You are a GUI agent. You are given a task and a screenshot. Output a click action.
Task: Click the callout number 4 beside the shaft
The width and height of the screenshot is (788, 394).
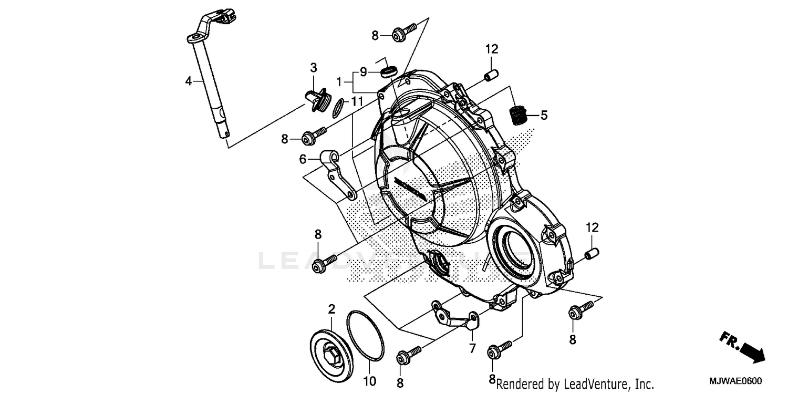coord(189,81)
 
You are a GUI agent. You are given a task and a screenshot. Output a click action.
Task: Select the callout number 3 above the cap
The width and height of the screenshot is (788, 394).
coord(314,67)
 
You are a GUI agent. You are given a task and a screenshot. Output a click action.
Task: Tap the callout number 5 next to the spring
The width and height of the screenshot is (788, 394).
coord(544,115)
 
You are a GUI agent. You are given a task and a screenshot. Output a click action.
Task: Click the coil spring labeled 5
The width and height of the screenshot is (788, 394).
coord(519,115)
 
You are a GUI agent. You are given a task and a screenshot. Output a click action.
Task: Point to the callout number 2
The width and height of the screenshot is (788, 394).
coord(331,309)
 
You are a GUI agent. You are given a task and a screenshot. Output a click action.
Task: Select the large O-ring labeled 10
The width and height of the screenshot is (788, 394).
coord(365,336)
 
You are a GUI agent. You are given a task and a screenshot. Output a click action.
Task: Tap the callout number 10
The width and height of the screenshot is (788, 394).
coord(370,381)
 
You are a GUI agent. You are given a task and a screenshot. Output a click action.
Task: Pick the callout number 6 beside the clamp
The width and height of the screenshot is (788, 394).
coord(303,159)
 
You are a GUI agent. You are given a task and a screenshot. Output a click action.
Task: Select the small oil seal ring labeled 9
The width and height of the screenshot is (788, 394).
coord(389,71)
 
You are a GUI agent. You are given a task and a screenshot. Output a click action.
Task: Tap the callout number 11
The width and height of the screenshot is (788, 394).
coord(357,101)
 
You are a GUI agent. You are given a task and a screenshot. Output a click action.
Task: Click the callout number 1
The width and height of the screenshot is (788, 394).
coord(340,82)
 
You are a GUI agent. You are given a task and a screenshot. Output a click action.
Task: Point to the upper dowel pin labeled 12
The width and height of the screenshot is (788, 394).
coord(491,76)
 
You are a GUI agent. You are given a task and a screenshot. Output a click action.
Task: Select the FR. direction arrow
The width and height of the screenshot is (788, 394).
coord(742,347)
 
